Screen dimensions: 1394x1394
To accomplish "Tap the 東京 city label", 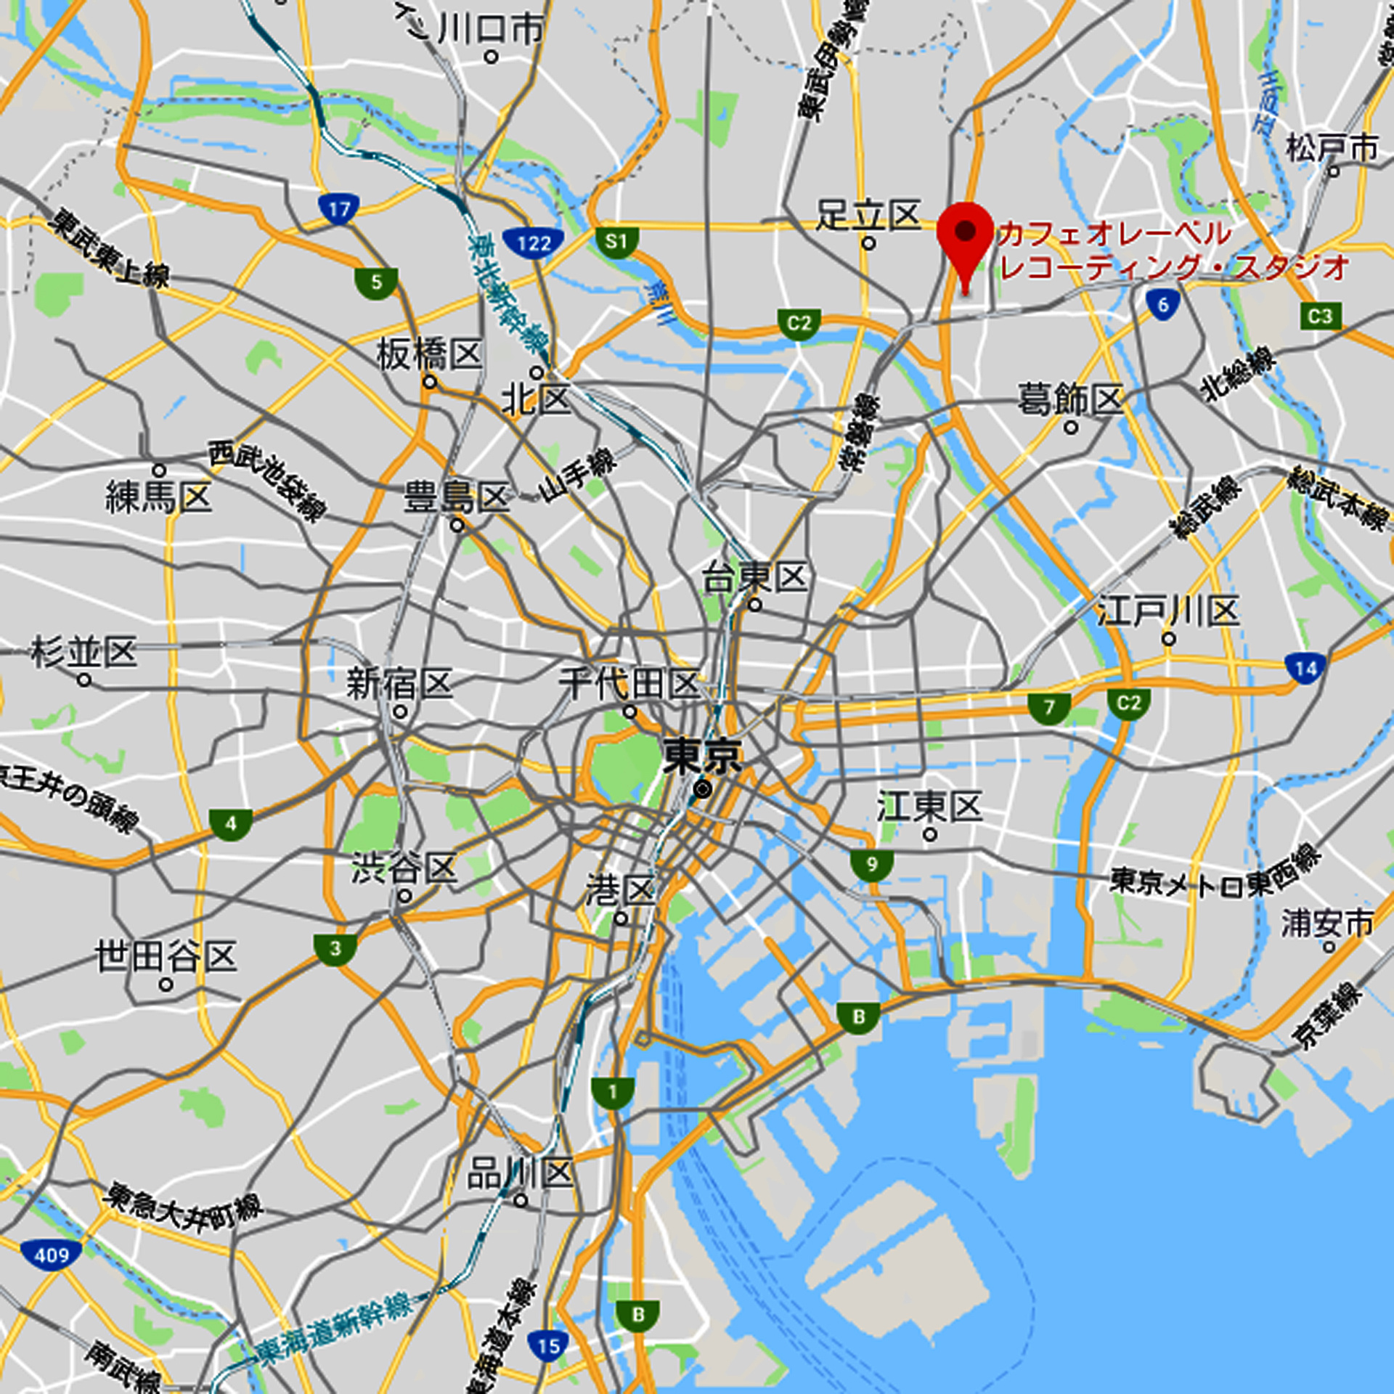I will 702,757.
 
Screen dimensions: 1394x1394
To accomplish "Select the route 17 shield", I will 339,210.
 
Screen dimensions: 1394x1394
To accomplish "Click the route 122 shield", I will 534,243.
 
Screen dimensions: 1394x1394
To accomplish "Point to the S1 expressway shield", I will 616,241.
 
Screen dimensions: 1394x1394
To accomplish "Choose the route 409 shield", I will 51,1255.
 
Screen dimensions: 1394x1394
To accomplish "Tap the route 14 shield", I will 1305,668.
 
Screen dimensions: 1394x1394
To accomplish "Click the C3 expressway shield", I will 1320,316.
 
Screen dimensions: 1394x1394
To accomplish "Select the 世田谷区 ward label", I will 166,956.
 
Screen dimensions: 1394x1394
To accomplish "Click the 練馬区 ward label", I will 158,497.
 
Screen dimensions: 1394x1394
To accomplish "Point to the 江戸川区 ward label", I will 1167,611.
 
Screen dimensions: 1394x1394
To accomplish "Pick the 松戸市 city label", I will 1332,148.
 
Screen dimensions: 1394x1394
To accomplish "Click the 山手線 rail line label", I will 577,475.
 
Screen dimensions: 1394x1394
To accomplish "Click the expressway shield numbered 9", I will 871,865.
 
